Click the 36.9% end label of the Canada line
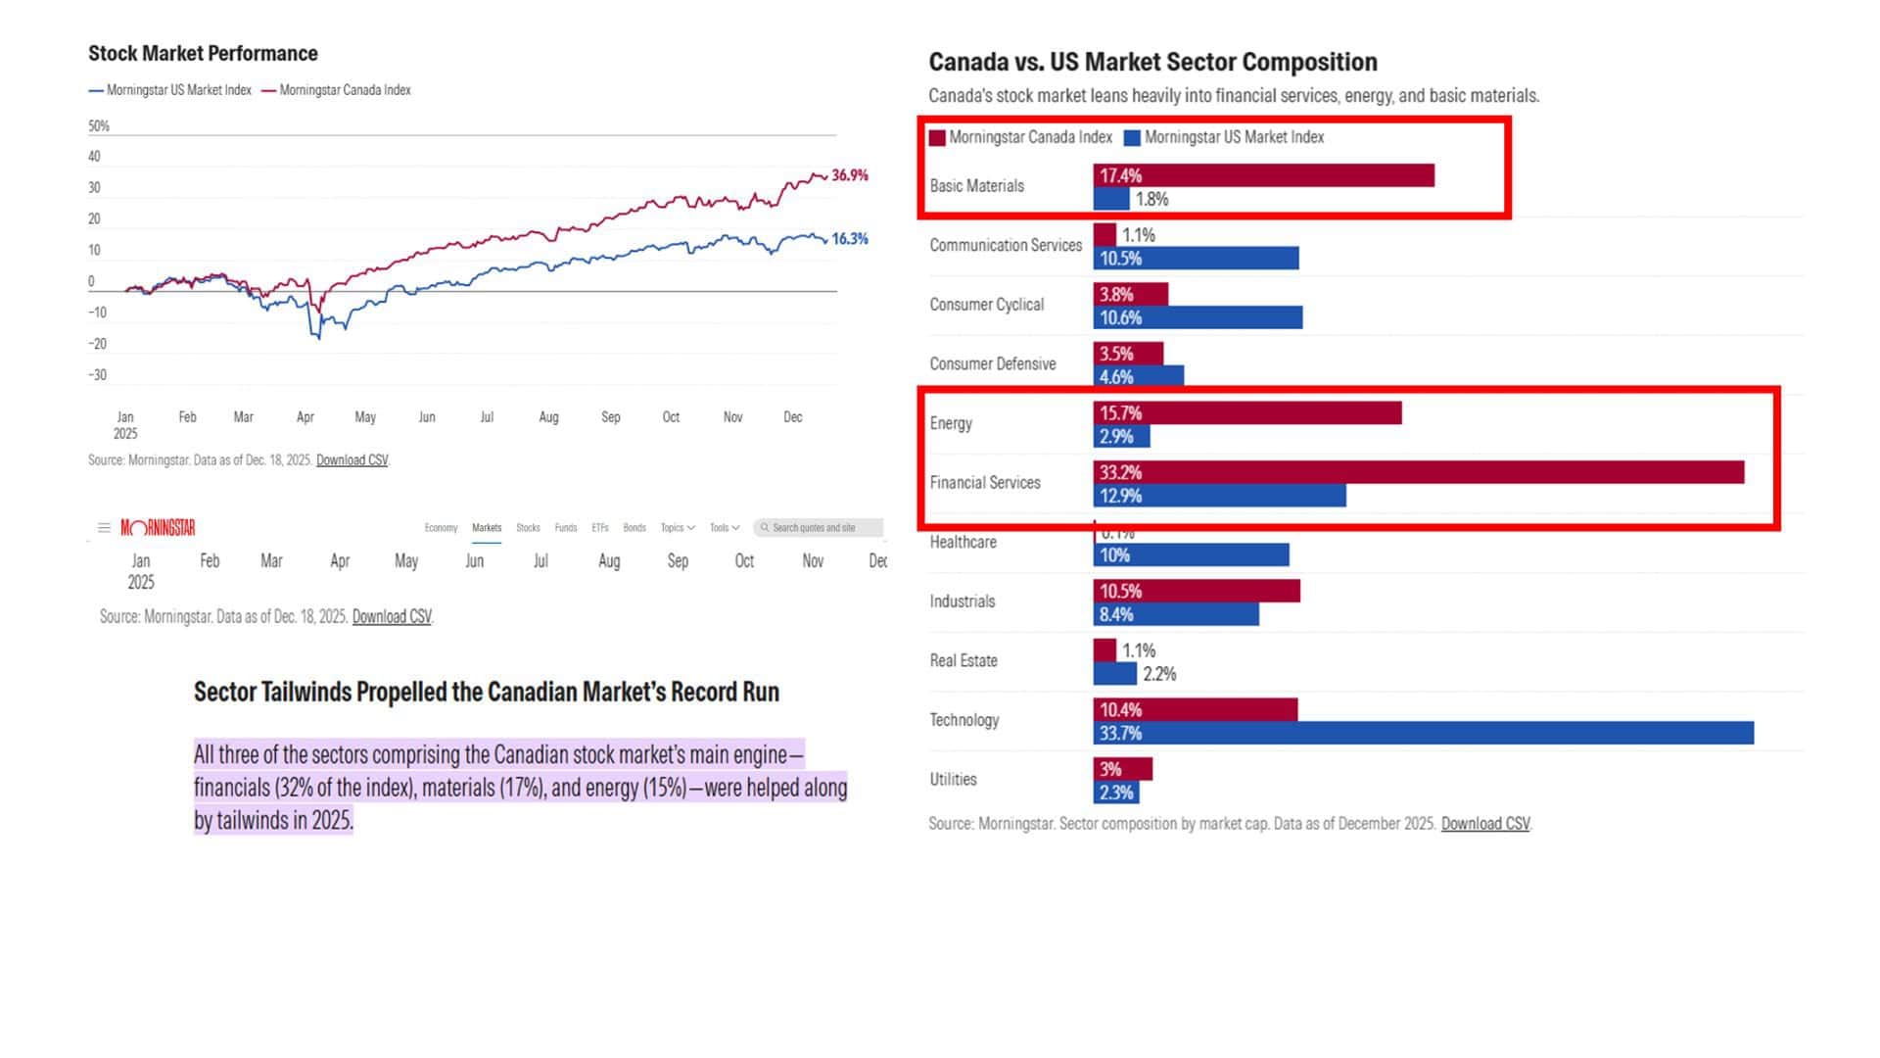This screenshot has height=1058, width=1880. pos(849,175)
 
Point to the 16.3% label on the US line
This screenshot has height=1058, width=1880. pos(849,239)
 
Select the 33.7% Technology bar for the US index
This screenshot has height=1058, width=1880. pos(1423,734)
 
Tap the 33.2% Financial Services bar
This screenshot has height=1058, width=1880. pos(1418,472)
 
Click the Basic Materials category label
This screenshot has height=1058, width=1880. pos(976,186)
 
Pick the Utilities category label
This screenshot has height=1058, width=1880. pos(953,780)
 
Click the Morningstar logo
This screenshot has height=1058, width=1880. pos(158,528)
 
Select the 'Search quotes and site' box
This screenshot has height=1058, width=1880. pos(818,528)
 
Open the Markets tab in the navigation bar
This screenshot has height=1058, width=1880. pos(487,528)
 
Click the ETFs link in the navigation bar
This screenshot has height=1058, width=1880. pos(600,528)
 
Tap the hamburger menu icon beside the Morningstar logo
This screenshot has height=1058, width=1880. pos(104,528)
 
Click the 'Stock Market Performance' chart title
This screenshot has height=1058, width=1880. pos(203,54)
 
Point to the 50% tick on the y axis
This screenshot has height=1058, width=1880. pos(99,126)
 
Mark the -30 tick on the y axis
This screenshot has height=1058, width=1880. pos(97,375)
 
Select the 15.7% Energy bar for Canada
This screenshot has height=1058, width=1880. pos(1246,413)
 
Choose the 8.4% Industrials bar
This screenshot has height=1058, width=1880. pos(1175,615)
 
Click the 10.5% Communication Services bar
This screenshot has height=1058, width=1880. pos(1196,259)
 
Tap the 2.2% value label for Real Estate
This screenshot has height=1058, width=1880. pos(1159,674)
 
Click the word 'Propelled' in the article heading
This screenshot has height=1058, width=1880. pos(399,693)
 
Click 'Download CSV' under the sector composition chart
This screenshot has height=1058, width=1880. pos(1484,824)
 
